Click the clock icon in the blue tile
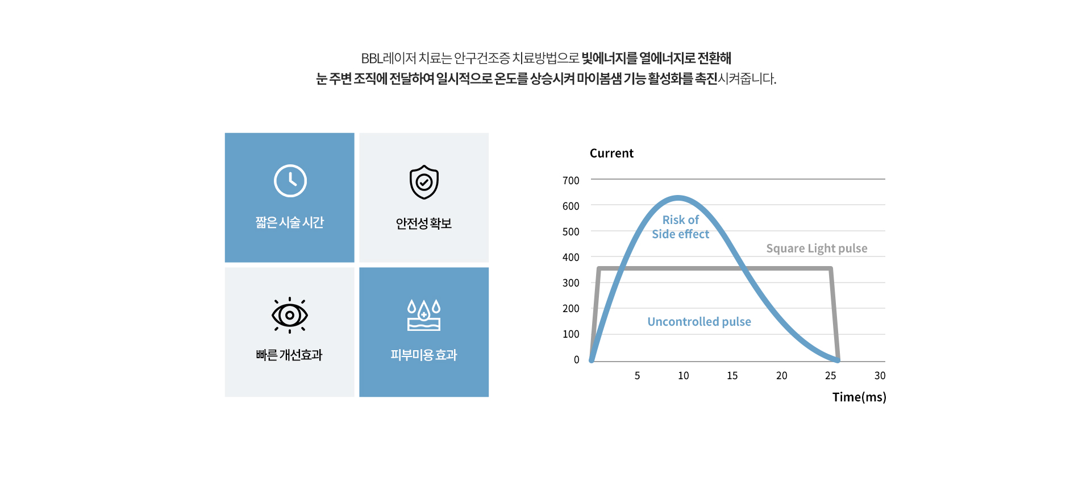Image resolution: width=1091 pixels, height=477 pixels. point(290,181)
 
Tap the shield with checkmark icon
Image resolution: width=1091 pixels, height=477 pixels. point(424,182)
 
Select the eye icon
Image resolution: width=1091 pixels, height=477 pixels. point(290,315)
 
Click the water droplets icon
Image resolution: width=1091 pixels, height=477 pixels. point(424,315)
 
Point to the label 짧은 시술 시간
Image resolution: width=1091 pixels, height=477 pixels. point(290,222)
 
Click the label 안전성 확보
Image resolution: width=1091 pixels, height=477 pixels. point(424,223)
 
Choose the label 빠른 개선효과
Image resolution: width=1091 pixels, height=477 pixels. point(289,355)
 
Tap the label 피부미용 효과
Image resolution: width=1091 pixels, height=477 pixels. point(424,355)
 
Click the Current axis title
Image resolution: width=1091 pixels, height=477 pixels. point(611,153)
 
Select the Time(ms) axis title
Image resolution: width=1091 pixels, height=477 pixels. point(859,397)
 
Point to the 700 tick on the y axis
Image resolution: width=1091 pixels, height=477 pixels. point(571,180)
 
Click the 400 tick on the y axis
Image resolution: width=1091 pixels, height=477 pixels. point(571,257)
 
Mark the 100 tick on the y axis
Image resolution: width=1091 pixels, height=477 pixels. point(571,334)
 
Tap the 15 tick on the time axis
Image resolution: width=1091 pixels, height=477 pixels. point(732,375)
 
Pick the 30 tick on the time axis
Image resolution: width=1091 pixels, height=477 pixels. point(880,375)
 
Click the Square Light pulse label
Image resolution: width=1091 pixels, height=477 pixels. point(817,248)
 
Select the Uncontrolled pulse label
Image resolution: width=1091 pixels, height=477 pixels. point(699,322)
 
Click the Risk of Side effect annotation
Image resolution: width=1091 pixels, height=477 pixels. point(681,227)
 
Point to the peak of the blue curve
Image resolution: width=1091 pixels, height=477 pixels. point(678,198)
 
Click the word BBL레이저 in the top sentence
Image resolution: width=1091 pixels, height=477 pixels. point(389,58)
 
